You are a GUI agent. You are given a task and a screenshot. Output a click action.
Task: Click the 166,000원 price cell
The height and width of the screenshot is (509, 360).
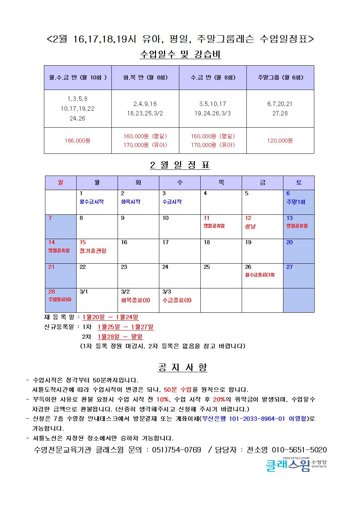(x=77, y=141)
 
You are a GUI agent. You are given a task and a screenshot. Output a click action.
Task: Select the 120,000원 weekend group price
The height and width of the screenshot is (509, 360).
(x=280, y=141)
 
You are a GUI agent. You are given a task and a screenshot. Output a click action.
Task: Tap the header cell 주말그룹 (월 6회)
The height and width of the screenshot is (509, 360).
(x=280, y=77)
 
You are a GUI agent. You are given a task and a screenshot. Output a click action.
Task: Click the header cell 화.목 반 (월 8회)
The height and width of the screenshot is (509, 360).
(x=145, y=77)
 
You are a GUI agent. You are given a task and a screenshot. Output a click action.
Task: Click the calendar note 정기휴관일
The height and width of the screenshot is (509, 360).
(x=93, y=251)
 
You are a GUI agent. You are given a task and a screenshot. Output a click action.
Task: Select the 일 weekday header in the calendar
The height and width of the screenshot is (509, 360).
(x=61, y=182)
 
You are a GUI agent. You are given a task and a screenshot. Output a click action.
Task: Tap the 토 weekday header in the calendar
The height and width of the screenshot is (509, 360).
(x=299, y=182)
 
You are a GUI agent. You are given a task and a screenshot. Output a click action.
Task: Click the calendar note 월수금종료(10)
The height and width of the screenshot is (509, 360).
(x=260, y=275)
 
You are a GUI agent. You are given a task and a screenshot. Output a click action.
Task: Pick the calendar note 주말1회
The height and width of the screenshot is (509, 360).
(x=296, y=202)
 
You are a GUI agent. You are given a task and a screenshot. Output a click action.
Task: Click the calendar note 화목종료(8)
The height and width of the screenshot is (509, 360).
(x=135, y=300)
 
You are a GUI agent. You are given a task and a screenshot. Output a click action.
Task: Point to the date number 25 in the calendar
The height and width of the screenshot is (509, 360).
(x=207, y=267)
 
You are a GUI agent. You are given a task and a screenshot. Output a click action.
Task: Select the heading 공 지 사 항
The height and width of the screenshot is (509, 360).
(x=183, y=367)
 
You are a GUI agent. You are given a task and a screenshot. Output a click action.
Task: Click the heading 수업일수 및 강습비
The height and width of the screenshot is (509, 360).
(x=180, y=55)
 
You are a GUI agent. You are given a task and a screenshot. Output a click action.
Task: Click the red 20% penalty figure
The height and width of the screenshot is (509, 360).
(x=219, y=399)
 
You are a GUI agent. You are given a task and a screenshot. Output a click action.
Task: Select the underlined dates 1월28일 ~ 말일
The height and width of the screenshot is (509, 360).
(x=120, y=337)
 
